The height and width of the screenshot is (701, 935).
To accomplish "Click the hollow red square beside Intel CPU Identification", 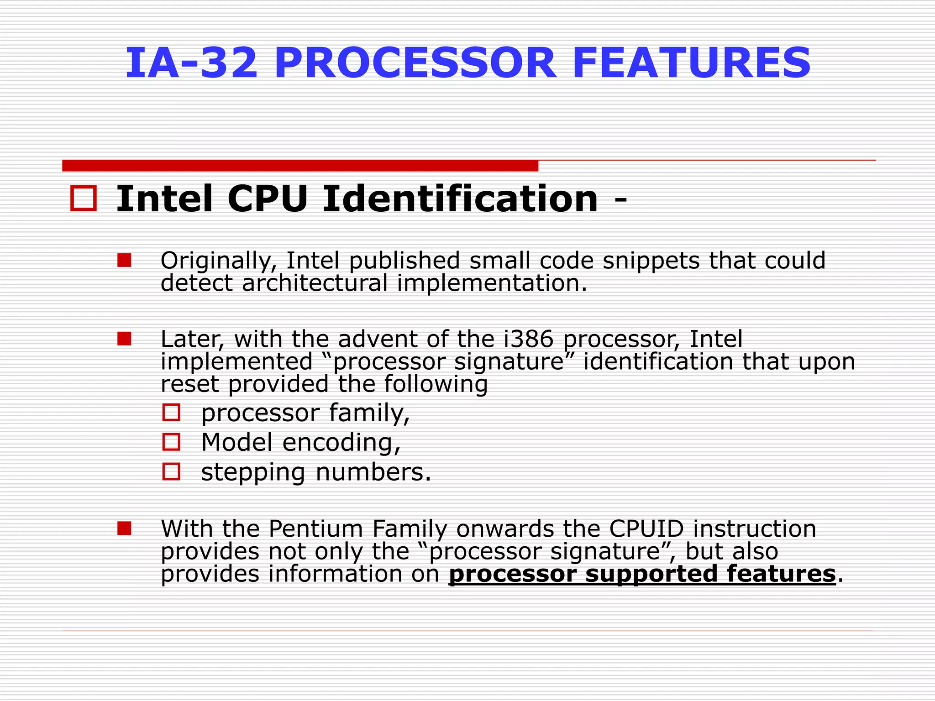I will (84, 199).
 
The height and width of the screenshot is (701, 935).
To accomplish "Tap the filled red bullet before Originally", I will (124, 261).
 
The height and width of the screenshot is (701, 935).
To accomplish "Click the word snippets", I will (651, 261).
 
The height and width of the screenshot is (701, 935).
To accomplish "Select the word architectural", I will (315, 283).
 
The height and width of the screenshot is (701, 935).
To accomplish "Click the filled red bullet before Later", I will (124, 339).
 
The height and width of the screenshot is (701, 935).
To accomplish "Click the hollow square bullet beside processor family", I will (172, 413).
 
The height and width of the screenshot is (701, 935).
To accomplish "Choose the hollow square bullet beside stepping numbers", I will (172, 471).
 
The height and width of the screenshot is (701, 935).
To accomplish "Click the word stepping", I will (253, 473).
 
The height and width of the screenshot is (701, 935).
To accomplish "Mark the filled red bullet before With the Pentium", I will (124, 528).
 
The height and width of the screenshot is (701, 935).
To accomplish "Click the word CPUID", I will (646, 529).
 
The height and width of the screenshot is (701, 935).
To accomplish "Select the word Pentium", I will (315, 529).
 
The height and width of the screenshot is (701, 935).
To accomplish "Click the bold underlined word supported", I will (651, 574).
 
